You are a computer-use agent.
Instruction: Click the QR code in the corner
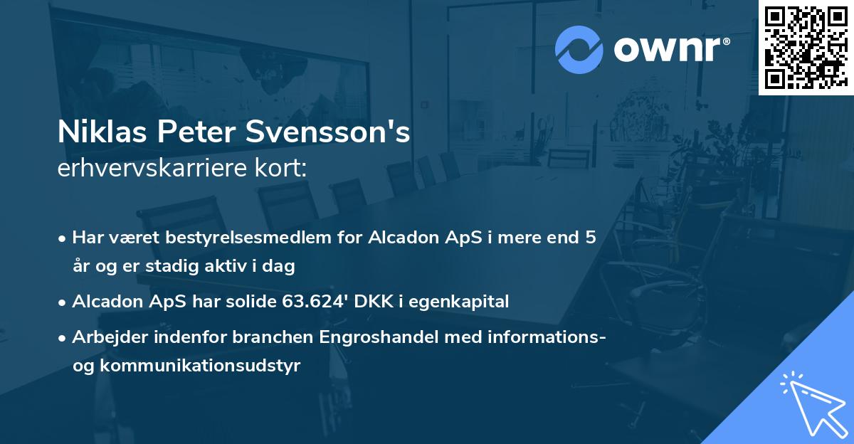coord(806,47)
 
